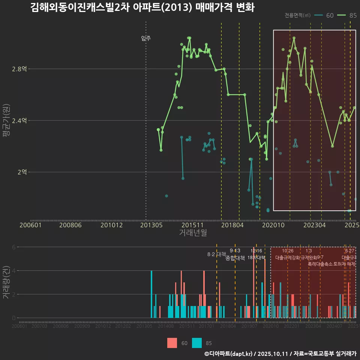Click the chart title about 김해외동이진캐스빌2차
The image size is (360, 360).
tap(142, 7)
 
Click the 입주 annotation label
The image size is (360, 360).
tap(146, 38)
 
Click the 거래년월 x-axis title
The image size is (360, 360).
tap(193, 233)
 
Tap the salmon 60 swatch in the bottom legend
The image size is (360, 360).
tap(172, 343)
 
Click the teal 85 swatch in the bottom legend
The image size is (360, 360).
tap(197, 343)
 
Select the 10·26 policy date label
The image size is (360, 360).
tap(288, 251)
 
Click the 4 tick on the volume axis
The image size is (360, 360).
tap(14, 270)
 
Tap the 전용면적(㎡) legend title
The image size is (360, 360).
tap(297, 15)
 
